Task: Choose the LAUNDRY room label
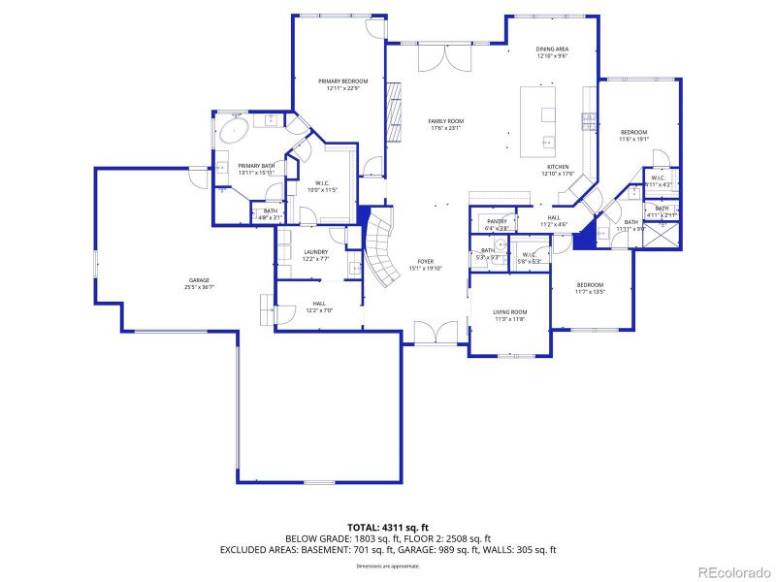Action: click(316, 254)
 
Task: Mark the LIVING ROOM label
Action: click(509, 314)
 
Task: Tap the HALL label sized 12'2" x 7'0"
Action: click(319, 307)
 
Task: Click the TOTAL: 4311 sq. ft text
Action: click(387, 527)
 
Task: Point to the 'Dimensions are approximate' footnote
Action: click(387, 565)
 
